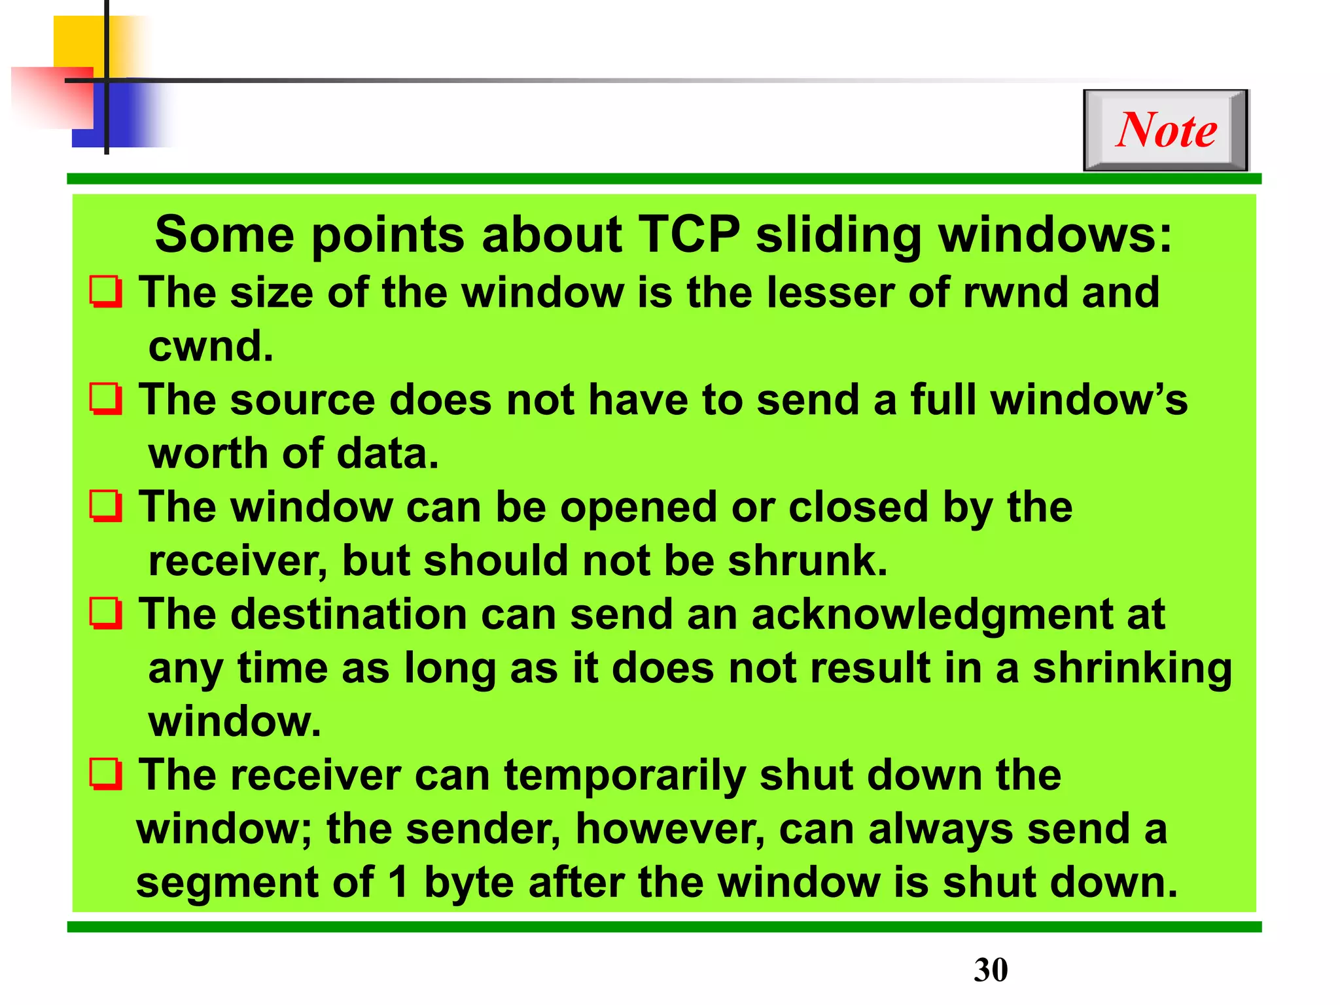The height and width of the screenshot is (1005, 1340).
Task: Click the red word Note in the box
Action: [1166, 130]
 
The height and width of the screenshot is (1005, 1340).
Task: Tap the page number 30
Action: [991, 970]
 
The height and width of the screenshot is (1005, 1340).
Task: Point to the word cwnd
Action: [210, 346]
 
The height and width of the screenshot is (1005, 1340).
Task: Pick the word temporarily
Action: [624, 775]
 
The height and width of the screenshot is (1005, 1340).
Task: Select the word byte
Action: [469, 883]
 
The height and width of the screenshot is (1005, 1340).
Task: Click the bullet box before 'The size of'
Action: [106, 292]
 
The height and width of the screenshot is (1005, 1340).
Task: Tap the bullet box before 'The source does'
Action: [106, 399]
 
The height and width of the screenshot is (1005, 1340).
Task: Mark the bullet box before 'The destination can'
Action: [106, 614]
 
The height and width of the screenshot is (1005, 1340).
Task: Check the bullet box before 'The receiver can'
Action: [106, 775]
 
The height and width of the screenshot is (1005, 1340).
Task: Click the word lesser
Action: [830, 292]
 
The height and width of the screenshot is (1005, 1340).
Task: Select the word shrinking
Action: [1132, 669]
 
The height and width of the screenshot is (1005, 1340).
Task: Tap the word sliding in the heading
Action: [839, 234]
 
